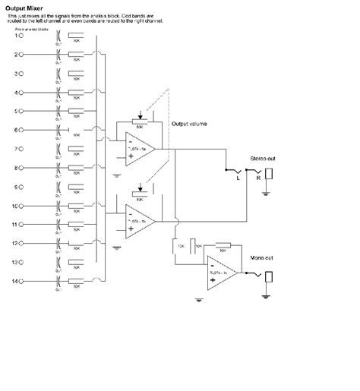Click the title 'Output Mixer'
(x=24, y=9)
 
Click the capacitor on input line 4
(x=58, y=92)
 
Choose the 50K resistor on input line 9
(x=76, y=187)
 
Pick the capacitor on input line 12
(x=58, y=244)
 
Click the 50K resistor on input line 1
(x=76, y=35)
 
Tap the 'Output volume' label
(x=188, y=124)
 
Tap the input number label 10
(x=16, y=206)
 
